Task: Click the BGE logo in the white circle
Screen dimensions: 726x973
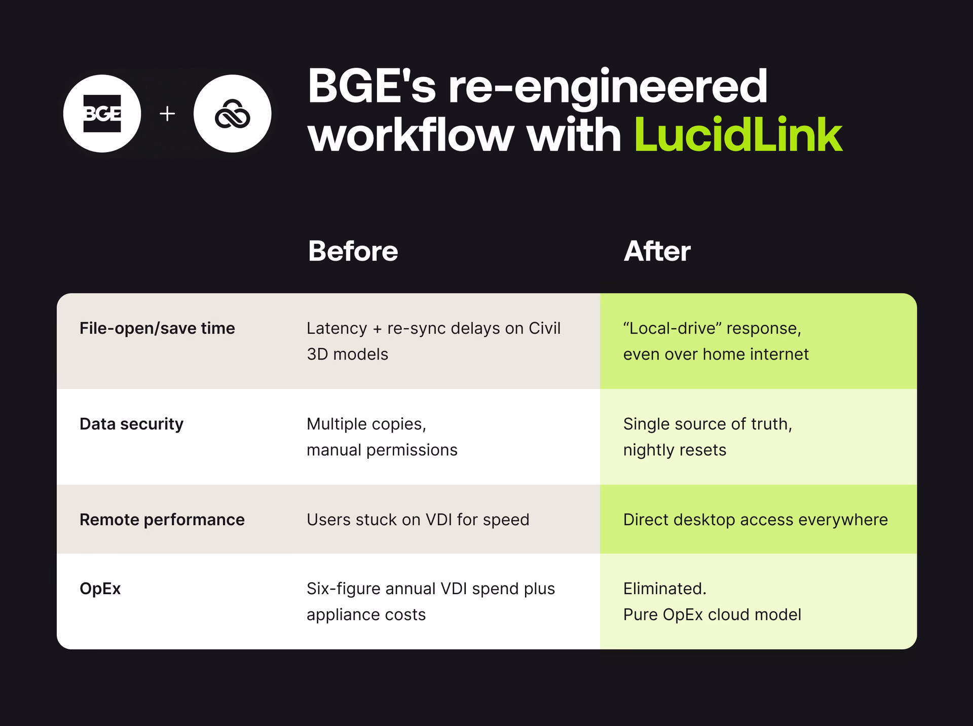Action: pyautogui.click(x=102, y=114)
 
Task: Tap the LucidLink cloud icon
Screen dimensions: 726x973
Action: pyautogui.click(x=232, y=114)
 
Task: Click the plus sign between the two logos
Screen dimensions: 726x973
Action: pyautogui.click(x=167, y=114)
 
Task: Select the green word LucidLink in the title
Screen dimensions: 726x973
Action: pyautogui.click(x=738, y=135)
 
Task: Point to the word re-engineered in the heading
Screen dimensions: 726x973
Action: pyautogui.click(x=608, y=87)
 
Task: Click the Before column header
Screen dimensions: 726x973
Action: pyautogui.click(x=353, y=251)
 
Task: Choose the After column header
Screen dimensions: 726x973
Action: pyautogui.click(x=657, y=251)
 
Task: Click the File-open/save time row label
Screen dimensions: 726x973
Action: pyautogui.click(x=157, y=329)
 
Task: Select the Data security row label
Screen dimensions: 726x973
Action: pyautogui.click(x=131, y=424)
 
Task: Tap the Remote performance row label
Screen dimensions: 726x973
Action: pyautogui.click(x=162, y=520)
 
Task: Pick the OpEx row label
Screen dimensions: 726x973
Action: pyautogui.click(x=100, y=589)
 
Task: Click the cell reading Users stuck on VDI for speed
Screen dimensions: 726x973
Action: pyautogui.click(x=418, y=520)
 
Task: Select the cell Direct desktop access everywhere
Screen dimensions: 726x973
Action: pyautogui.click(x=755, y=520)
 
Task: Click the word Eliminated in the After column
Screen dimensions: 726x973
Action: pyautogui.click(x=664, y=589)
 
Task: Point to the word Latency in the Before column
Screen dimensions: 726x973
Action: pyautogui.click(x=336, y=329)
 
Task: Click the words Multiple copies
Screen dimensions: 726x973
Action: pyautogui.click(x=366, y=424)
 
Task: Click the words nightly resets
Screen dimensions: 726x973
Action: pyautogui.click(x=675, y=450)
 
